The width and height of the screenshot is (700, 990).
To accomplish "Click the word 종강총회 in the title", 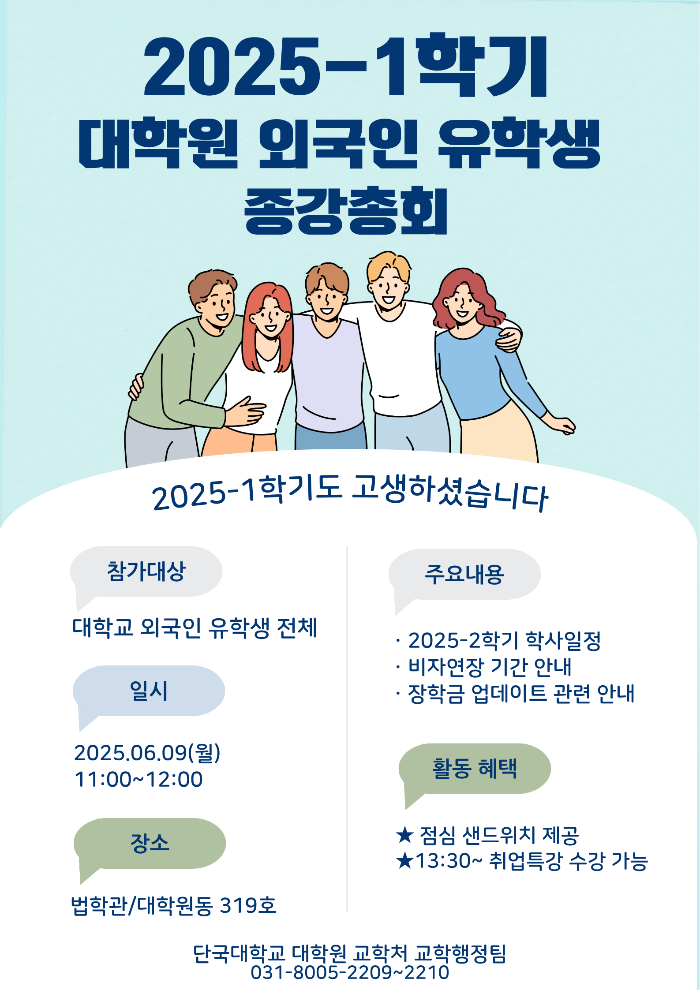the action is (x=346, y=210).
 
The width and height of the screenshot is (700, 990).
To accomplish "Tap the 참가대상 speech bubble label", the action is (x=146, y=572).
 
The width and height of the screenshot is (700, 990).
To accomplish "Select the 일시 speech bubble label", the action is (x=149, y=691).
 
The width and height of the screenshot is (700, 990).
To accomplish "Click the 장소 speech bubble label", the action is (x=150, y=843).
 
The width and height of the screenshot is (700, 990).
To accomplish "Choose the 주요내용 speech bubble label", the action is (x=464, y=574).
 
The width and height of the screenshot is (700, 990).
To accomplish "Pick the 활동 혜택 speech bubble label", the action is (x=475, y=769).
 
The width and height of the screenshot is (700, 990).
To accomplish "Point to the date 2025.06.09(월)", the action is (x=147, y=753).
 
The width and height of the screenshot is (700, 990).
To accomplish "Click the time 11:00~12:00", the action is (x=139, y=779).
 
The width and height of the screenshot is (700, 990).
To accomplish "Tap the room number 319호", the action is (x=248, y=905).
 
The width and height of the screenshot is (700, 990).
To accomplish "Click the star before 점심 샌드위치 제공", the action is (x=404, y=835).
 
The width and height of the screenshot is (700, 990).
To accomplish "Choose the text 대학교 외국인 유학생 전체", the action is (x=195, y=628).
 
